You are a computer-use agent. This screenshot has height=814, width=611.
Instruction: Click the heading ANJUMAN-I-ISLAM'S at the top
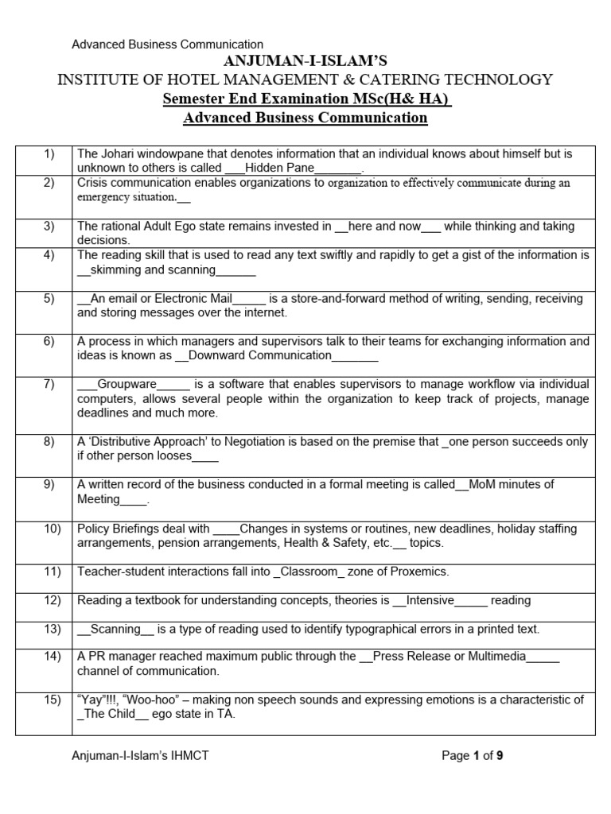305,61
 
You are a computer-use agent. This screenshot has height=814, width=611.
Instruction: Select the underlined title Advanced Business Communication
305,118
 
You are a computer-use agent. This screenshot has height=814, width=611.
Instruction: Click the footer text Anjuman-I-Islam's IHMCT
140,756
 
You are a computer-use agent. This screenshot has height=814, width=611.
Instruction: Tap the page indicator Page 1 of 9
473,756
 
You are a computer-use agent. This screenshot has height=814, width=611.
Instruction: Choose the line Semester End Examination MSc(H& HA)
306,99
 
